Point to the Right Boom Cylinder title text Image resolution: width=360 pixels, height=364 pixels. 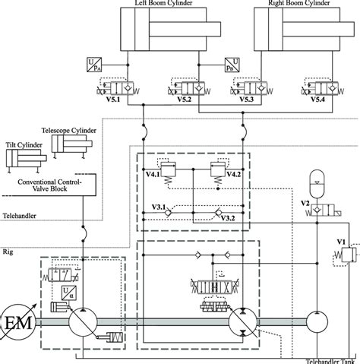(x=299, y=4)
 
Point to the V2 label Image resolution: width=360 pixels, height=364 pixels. (x=305, y=204)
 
